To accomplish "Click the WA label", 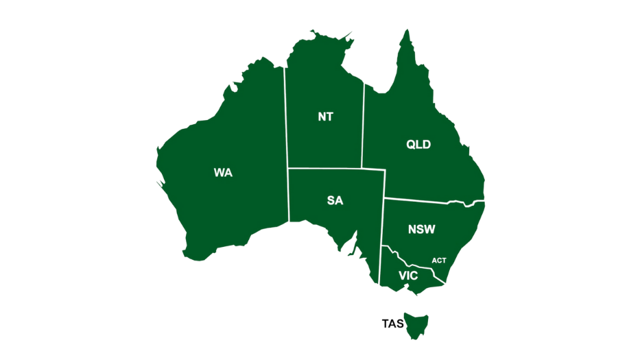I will click(223, 173).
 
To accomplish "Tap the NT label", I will click(325, 117).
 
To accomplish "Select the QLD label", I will click(418, 145).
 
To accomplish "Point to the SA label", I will click(335, 201).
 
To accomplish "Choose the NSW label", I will click(421, 230).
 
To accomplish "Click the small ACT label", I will click(439, 261).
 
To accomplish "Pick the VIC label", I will click(408, 276).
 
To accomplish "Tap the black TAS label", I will click(392, 324).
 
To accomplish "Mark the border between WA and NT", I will click(286, 117).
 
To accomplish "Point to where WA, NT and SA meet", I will click(287, 168).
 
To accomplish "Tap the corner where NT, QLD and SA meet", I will click(362, 168).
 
